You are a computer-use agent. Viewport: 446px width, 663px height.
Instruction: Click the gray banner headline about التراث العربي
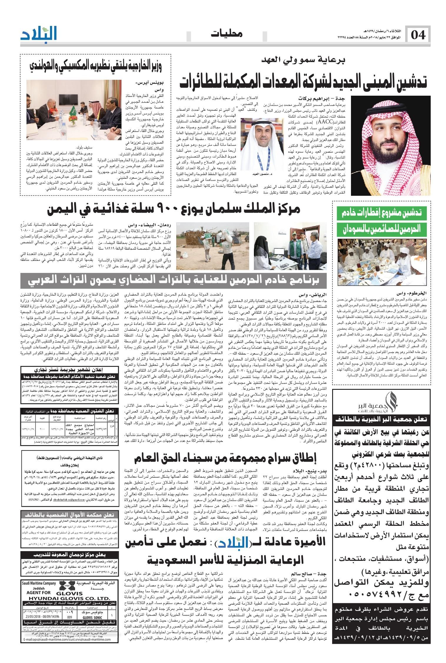click(x=174, y=281)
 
